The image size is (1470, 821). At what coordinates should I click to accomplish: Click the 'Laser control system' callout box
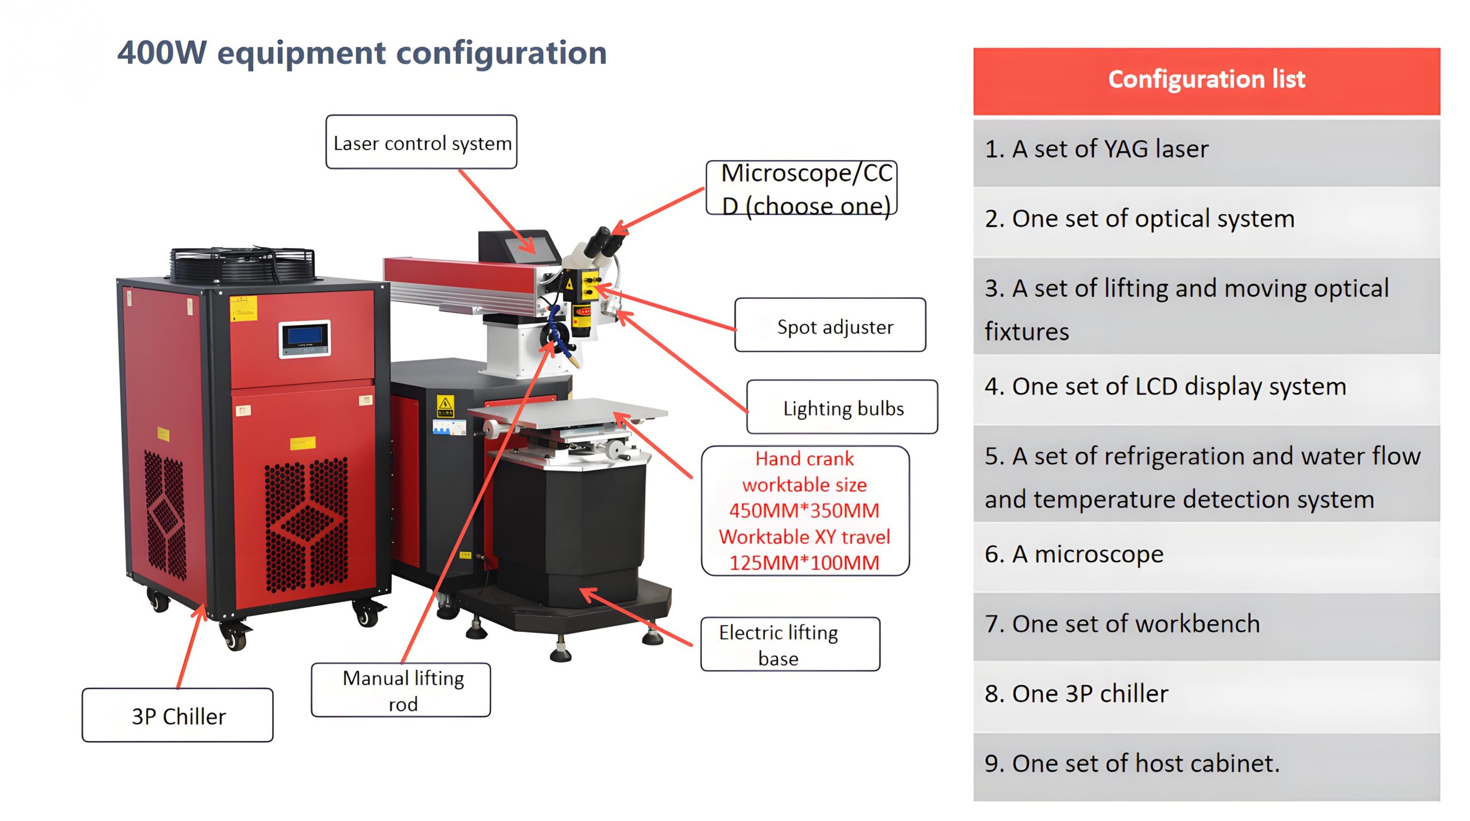[x=421, y=142]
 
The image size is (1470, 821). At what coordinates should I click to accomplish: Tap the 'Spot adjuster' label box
[x=830, y=325]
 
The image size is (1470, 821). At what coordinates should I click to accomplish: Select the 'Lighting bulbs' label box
[x=842, y=407]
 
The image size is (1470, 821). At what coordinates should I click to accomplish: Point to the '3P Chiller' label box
[x=177, y=715]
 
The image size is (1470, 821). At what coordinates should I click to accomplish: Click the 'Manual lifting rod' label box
[x=401, y=690]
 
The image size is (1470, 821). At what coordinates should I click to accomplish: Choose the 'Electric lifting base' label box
[x=790, y=644]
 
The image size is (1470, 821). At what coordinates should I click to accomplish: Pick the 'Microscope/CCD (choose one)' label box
[x=802, y=188]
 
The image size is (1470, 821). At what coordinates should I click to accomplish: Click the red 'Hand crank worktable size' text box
[x=804, y=510]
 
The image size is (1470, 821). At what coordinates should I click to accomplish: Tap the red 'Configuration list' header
[x=1206, y=80]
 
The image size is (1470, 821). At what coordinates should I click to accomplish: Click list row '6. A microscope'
[x=1206, y=555]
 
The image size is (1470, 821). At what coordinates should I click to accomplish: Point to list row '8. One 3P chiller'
[x=1206, y=694]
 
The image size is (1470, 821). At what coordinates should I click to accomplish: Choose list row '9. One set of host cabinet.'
[x=1206, y=764]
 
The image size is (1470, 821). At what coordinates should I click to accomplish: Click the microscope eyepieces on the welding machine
[x=603, y=241]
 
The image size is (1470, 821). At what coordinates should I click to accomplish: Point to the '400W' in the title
[x=162, y=53]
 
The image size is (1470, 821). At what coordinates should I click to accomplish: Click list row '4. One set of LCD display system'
[x=1206, y=387]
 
